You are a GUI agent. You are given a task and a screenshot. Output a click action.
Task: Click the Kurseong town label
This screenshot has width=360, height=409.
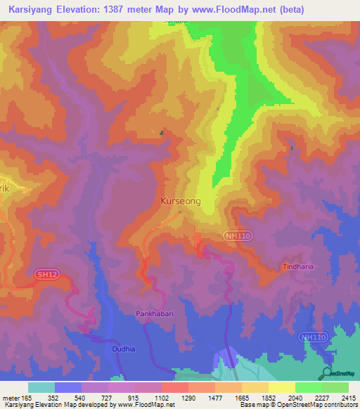181,201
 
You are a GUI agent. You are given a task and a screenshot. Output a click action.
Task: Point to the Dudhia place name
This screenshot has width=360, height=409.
122,347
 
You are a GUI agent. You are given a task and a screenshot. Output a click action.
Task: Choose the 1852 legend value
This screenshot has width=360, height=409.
269,398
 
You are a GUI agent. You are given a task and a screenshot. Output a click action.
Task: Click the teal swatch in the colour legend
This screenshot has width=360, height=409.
41,387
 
